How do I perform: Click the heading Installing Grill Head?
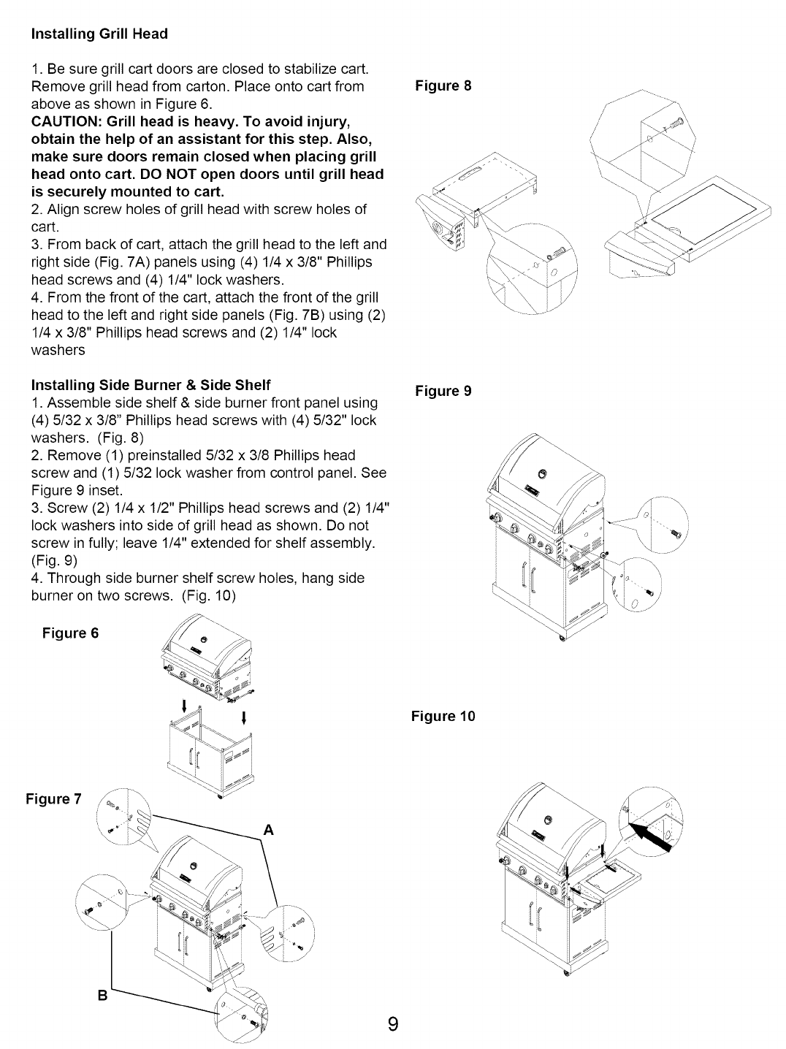[99, 34]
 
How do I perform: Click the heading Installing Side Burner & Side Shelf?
[150, 384]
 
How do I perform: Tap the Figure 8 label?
[443, 86]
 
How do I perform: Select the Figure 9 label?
[443, 391]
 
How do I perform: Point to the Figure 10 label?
[443, 716]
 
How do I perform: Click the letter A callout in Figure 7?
[268, 830]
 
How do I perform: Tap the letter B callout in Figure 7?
[103, 995]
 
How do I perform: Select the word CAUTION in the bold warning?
[64, 121]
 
